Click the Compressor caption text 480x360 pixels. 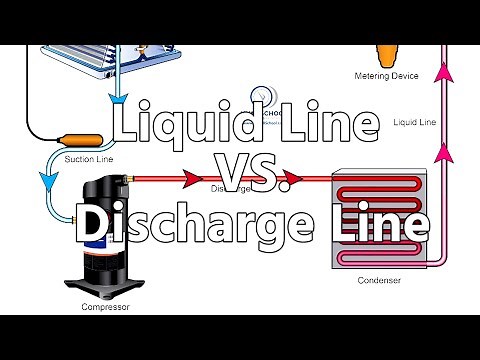105,307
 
